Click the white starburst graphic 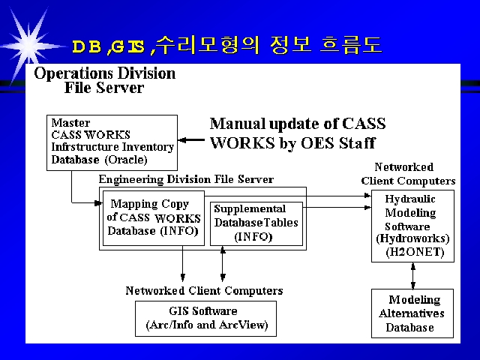click(x=28, y=46)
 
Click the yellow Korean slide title click(x=227, y=45)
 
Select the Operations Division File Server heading click(x=105, y=80)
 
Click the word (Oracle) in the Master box click(x=126, y=160)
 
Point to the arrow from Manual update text click(x=191, y=140)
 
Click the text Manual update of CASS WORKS click(x=298, y=133)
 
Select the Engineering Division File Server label click(x=186, y=179)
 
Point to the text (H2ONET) click(x=415, y=252)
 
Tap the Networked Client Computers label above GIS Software click(x=204, y=290)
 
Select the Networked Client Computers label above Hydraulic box click(x=408, y=174)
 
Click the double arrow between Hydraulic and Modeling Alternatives click(x=413, y=275)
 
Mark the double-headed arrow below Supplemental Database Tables click(x=223, y=263)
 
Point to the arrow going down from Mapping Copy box click(x=183, y=263)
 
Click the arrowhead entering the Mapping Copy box click(x=98, y=202)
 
